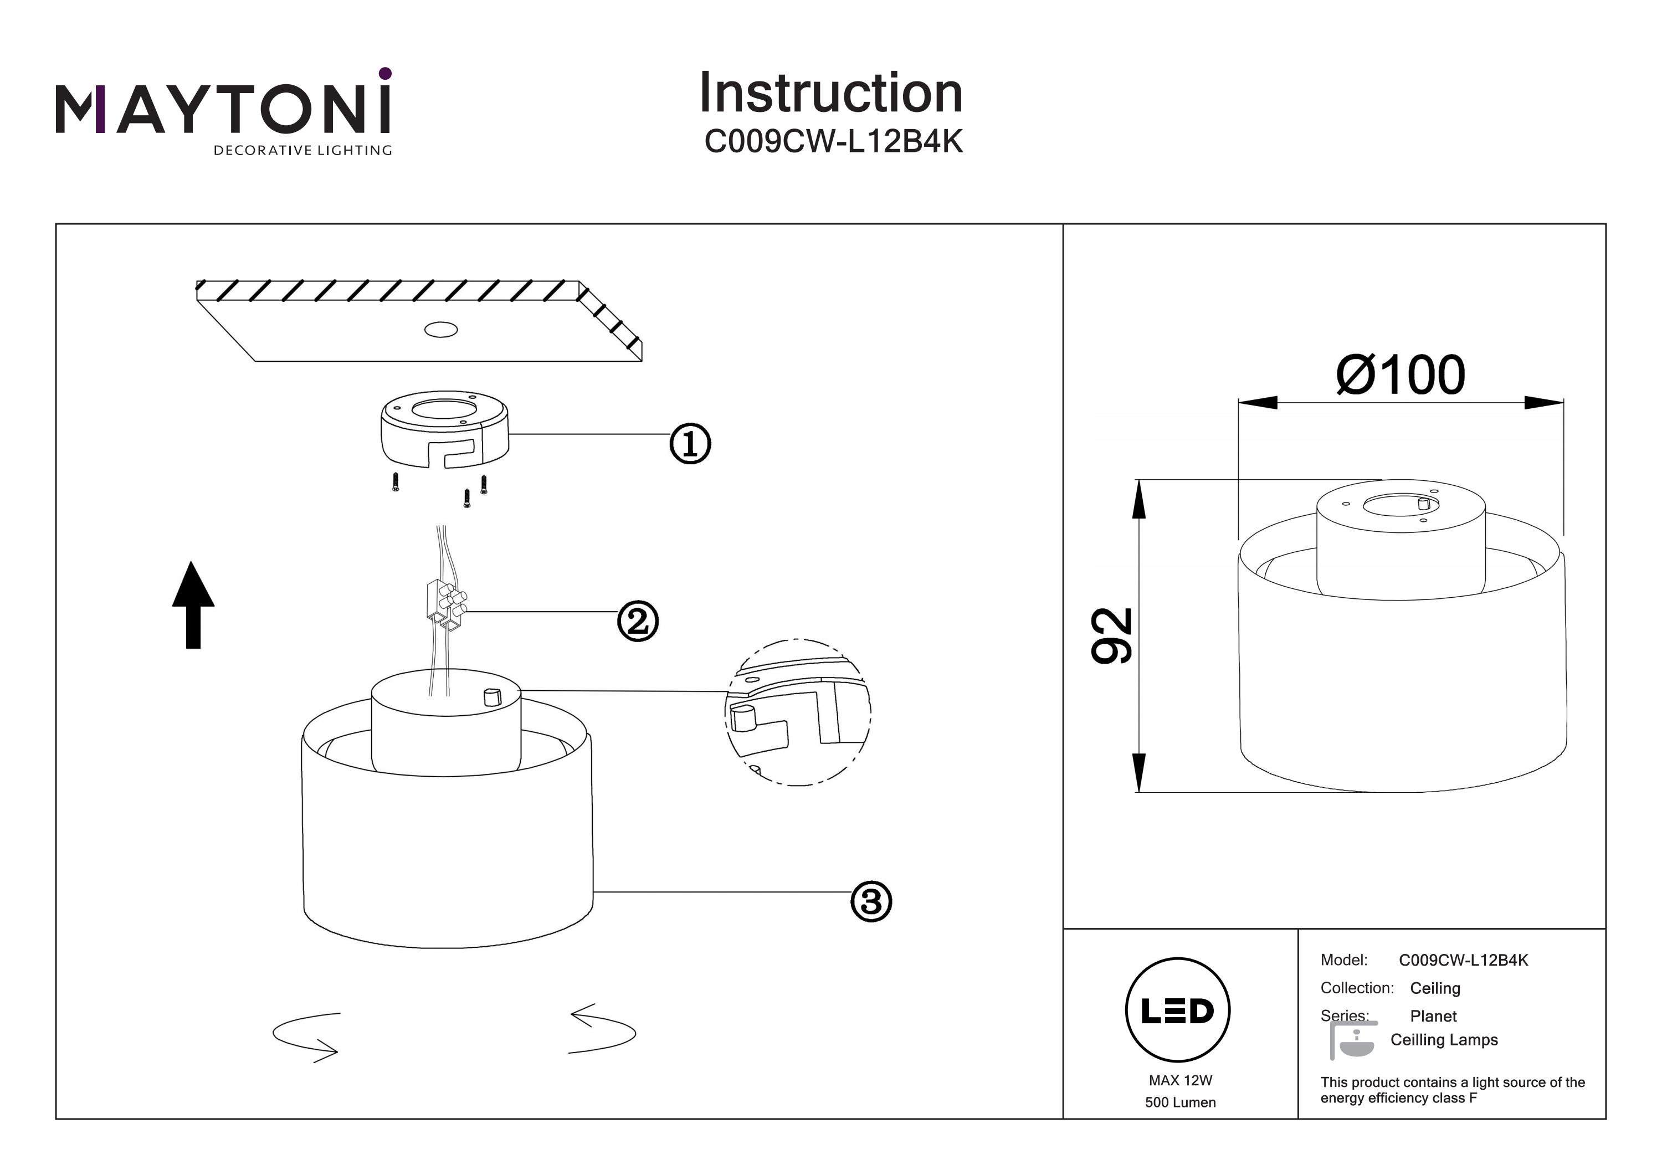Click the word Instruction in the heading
coord(831,94)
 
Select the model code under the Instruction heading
coord(833,142)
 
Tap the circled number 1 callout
coord(690,444)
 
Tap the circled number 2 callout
coord(638,621)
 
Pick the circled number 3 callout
coord(871,901)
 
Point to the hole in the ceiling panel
coord(441,330)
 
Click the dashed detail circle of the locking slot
coord(797,712)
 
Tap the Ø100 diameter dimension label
coord(1400,375)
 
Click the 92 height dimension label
coord(1112,635)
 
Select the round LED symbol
coord(1178,1010)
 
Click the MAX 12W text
coord(1180,1080)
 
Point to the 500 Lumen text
coord(1180,1102)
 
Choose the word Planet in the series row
coord(1433,1015)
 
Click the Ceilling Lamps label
coord(1444,1040)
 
